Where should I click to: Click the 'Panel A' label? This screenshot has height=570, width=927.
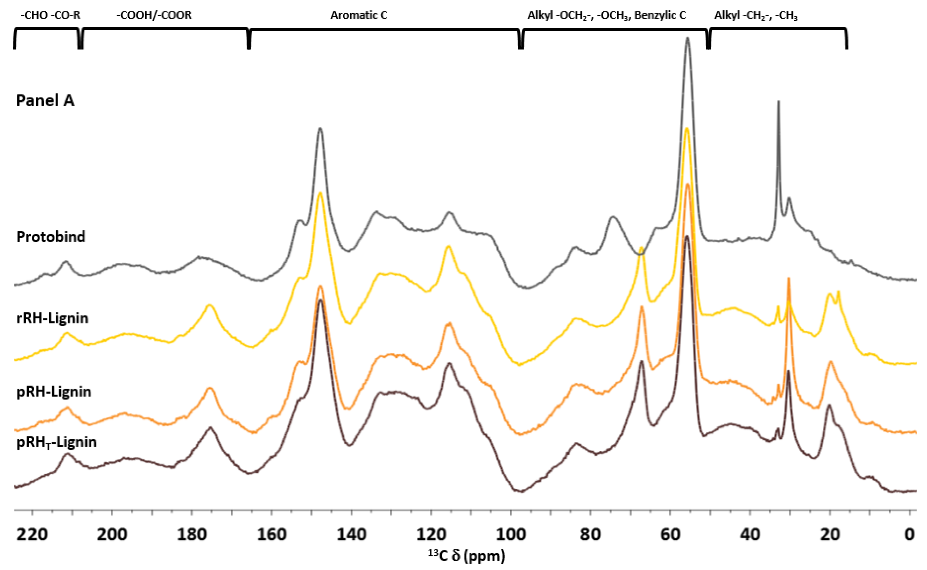(x=45, y=101)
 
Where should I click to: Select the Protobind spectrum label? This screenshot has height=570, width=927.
(x=51, y=237)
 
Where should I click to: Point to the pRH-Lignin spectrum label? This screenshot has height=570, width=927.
(x=54, y=392)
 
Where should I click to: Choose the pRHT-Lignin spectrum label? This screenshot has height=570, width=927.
(x=57, y=442)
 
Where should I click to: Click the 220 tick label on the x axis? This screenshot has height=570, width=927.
(x=32, y=535)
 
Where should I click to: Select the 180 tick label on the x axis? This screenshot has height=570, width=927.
(x=192, y=535)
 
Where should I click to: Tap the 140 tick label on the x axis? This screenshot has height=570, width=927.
(x=351, y=535)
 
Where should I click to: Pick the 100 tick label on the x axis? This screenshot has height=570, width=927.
(x=511, y=535)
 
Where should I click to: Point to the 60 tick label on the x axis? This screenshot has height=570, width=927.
(x=670, y=535)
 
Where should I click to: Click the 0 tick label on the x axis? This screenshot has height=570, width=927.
(x=909, y=535)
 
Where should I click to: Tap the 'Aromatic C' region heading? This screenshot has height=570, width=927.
(x=359, y=16)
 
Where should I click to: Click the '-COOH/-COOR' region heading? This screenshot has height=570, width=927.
(x=154, y=16)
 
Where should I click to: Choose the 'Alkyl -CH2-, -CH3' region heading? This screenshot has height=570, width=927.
(x=756, y=16)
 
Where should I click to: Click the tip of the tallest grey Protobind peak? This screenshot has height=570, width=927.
(x=688, y=38)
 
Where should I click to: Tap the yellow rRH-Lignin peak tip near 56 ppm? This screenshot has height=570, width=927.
(x=687, y=129)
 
